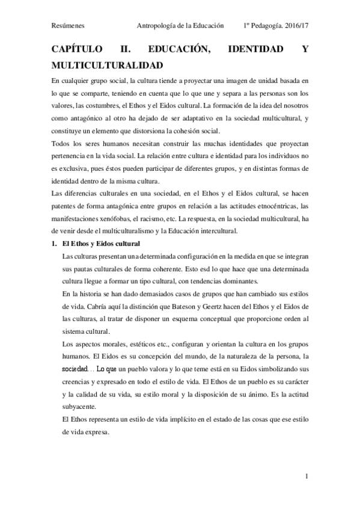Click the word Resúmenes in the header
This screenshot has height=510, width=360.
69,26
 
